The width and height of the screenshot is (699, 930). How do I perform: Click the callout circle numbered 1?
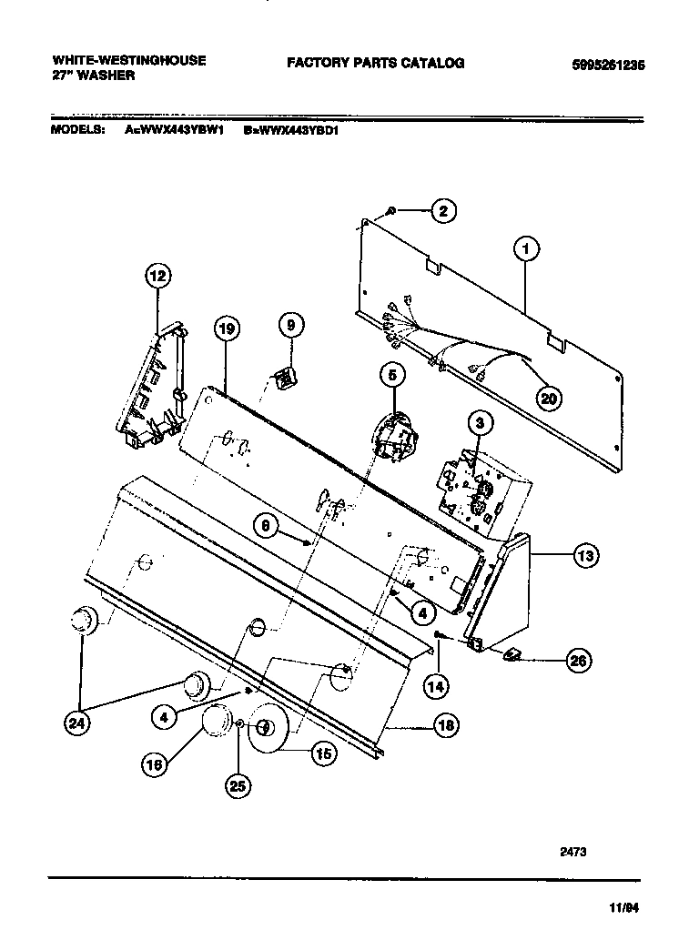pyautogui.click(x=524, y=247)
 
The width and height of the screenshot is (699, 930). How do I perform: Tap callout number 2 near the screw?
pyautogui.click(x=442, y=212)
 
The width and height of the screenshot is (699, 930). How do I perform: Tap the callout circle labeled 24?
pyautogui.click(x=80, y=723)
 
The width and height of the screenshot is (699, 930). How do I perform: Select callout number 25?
pyautogui.click(x=238, y=788)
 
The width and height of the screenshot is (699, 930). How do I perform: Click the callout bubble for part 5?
pyautogui.click(x=391, y=373)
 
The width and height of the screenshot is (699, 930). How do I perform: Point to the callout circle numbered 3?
pyautogui.click(x=481, y=421)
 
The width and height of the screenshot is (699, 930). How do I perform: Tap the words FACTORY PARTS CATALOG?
pyautogui.click(x=375, y=63)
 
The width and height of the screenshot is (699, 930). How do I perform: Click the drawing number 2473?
pyautogui.click(x=572, y=852)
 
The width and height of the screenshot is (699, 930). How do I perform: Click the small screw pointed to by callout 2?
pyautogui.click(x=390, y=211)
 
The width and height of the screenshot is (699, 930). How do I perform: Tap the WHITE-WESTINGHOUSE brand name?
pyautogui.click(x=128, y=61)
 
